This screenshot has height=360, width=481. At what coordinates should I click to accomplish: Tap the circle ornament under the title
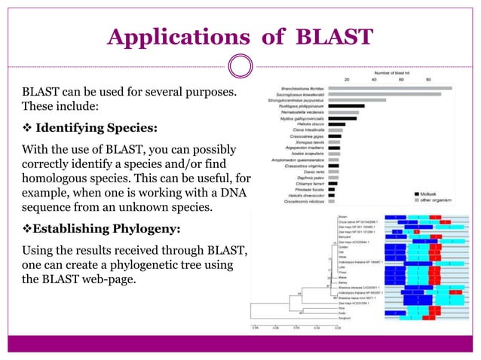point(240,66)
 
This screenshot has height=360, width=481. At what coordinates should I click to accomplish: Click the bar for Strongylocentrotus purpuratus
point(357,100)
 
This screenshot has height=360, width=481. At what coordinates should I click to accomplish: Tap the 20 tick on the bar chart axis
point(347,79)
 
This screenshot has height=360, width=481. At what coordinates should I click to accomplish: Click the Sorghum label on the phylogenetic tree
point(322,319)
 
